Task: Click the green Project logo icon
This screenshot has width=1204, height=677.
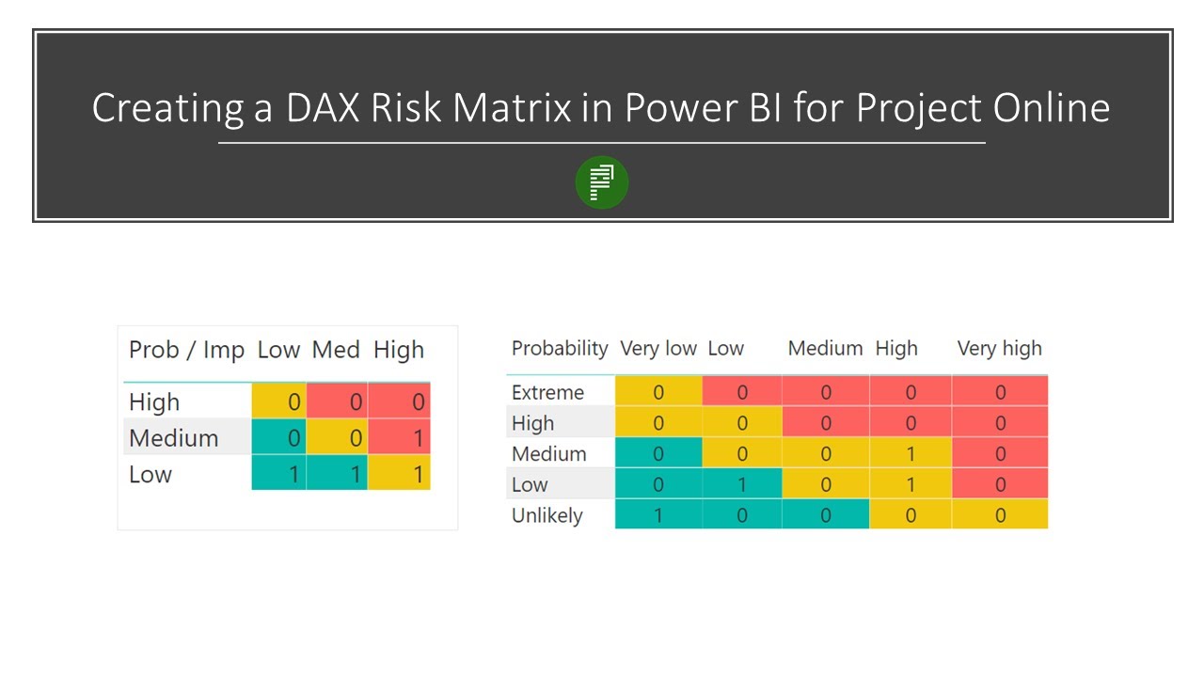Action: [x=602, y=182]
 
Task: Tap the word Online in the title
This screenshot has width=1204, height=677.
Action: [x=1052, y=108]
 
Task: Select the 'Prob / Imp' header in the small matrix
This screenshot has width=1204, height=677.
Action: [x=186, y=351]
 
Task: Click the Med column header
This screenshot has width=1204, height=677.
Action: [x=336, y=351]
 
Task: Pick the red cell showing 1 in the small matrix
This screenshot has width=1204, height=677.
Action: [x=399, y=437]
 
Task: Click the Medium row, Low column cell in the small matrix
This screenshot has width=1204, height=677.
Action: [x=279, y=437]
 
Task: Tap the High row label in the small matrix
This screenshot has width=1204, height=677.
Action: [x=154, y=402]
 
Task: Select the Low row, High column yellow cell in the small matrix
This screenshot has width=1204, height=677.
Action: [x=399, y=474]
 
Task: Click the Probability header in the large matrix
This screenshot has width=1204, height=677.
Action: [x=560, y=349]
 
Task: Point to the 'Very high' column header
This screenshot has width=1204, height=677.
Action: [x=999, y=349]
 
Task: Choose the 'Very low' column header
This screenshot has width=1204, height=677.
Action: [x=658, y=349]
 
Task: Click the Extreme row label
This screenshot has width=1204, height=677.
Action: [x=547, y=392]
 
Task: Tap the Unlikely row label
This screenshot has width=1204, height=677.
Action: [x=547, y=515]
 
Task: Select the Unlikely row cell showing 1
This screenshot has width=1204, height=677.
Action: [x=658, y=515]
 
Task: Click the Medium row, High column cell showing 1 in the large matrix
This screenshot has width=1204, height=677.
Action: [x=910, y=454]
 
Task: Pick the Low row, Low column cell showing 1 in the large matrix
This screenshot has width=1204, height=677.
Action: [x=742, y=484]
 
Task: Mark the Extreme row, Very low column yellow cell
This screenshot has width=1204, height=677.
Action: [x=658, y=392]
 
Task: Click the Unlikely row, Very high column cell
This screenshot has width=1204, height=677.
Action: [x=999, y=515]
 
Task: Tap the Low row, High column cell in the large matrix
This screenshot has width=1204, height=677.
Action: [x=910, y=484]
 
